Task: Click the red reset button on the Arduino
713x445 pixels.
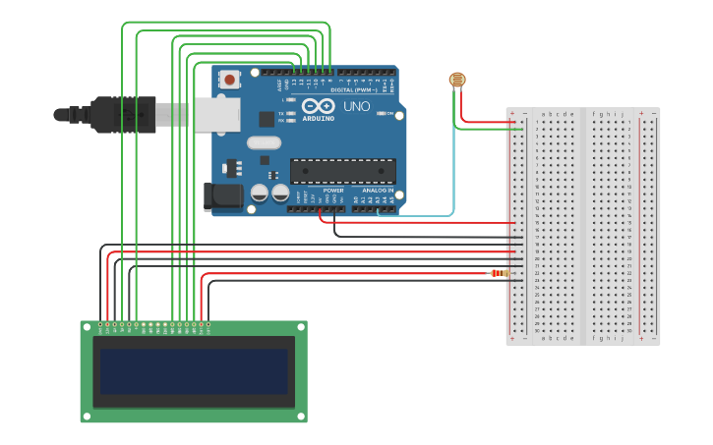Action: [230, 80]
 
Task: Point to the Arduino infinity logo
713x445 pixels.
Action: [318, 105]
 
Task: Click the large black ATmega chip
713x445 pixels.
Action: [342, 171]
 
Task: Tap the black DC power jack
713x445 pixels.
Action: [223, 195]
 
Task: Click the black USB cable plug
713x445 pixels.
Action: [123, 114]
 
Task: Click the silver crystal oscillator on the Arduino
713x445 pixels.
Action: [264, 142]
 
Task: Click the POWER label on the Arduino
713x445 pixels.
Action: [333, 191]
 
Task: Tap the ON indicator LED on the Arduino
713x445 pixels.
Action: [381, 114]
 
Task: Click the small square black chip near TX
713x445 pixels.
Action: [267, 119]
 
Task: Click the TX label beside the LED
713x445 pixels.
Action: [281, 114]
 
